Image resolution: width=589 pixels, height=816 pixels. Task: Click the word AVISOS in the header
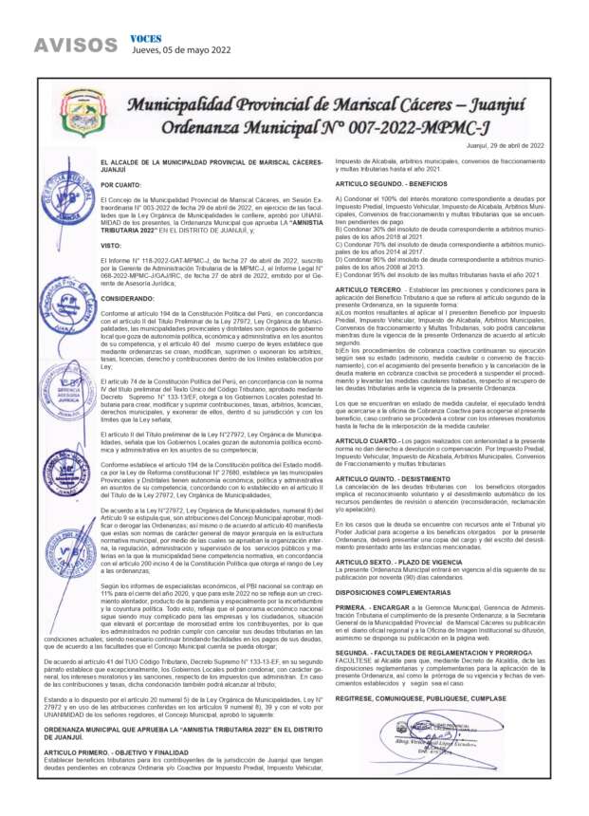[x=68, y=45]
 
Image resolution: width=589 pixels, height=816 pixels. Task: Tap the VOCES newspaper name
[x=145, y=38]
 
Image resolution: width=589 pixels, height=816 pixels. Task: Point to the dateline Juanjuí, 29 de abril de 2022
[x=506, y=145]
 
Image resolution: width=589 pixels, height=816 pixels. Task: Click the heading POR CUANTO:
[x=147, y=185]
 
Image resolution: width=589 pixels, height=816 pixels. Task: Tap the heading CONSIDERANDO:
[x=154, y=297]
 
